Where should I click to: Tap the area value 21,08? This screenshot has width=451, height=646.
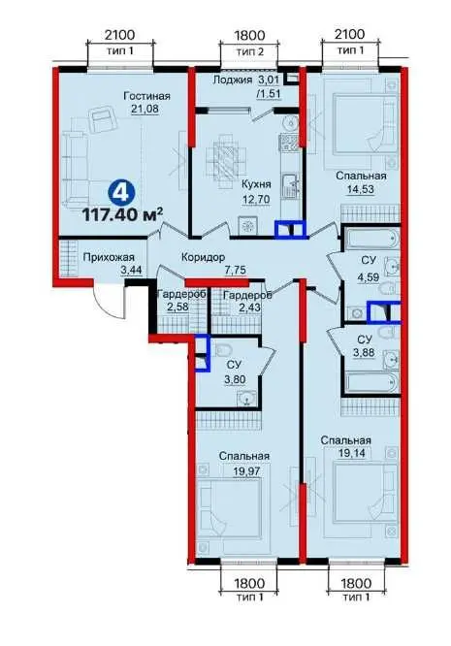click(x=145, y=110)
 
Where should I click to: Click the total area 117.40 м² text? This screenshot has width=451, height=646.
click(x=123, y=214)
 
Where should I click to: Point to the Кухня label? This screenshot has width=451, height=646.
click(x=256, y=184)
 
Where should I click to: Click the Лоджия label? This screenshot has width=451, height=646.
click(x=233, y=80)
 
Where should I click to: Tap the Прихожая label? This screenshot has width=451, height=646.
click(x=109, y=257)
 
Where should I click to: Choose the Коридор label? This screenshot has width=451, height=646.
click(x=204, y=257)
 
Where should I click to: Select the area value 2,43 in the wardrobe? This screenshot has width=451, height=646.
click(x=242, y=307)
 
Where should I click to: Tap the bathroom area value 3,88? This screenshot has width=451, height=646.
click(x=365, y=353)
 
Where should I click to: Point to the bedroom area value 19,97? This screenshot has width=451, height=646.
click(x=247, y=470)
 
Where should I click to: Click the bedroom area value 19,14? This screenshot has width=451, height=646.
click(x=353, y=453)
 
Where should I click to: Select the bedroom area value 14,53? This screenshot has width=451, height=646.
click(x=361, y=190)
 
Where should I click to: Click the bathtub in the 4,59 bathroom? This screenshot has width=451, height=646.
click(x=371, y=239)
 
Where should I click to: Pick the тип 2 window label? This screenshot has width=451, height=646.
click(x=249, y=51)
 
